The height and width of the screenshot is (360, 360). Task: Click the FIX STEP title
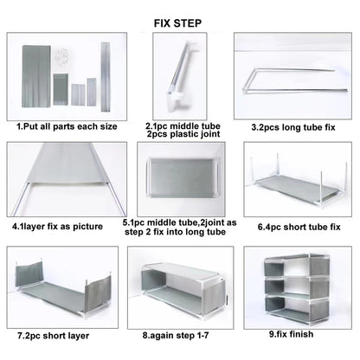point(177,23)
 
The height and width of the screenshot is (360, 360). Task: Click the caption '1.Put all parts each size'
point(67,126)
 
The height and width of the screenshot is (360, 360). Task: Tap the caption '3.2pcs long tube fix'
point(293,127)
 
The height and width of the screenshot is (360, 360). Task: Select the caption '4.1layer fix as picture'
point(57,226)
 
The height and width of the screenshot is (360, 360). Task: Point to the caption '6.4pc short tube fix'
point(299,227)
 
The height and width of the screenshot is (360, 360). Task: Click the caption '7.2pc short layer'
point(54,336)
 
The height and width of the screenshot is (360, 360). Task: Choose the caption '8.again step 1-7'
point(176,336)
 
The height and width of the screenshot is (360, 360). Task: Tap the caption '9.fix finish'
point(291,334)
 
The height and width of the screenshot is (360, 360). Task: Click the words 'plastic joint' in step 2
point(195,134)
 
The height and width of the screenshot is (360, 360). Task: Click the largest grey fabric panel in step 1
point(36,76)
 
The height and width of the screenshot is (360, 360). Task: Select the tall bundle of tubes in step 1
point(106,77)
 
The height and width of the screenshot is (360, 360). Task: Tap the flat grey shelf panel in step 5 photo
point(183,177)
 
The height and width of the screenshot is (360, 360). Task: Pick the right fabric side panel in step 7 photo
point(99,295)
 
